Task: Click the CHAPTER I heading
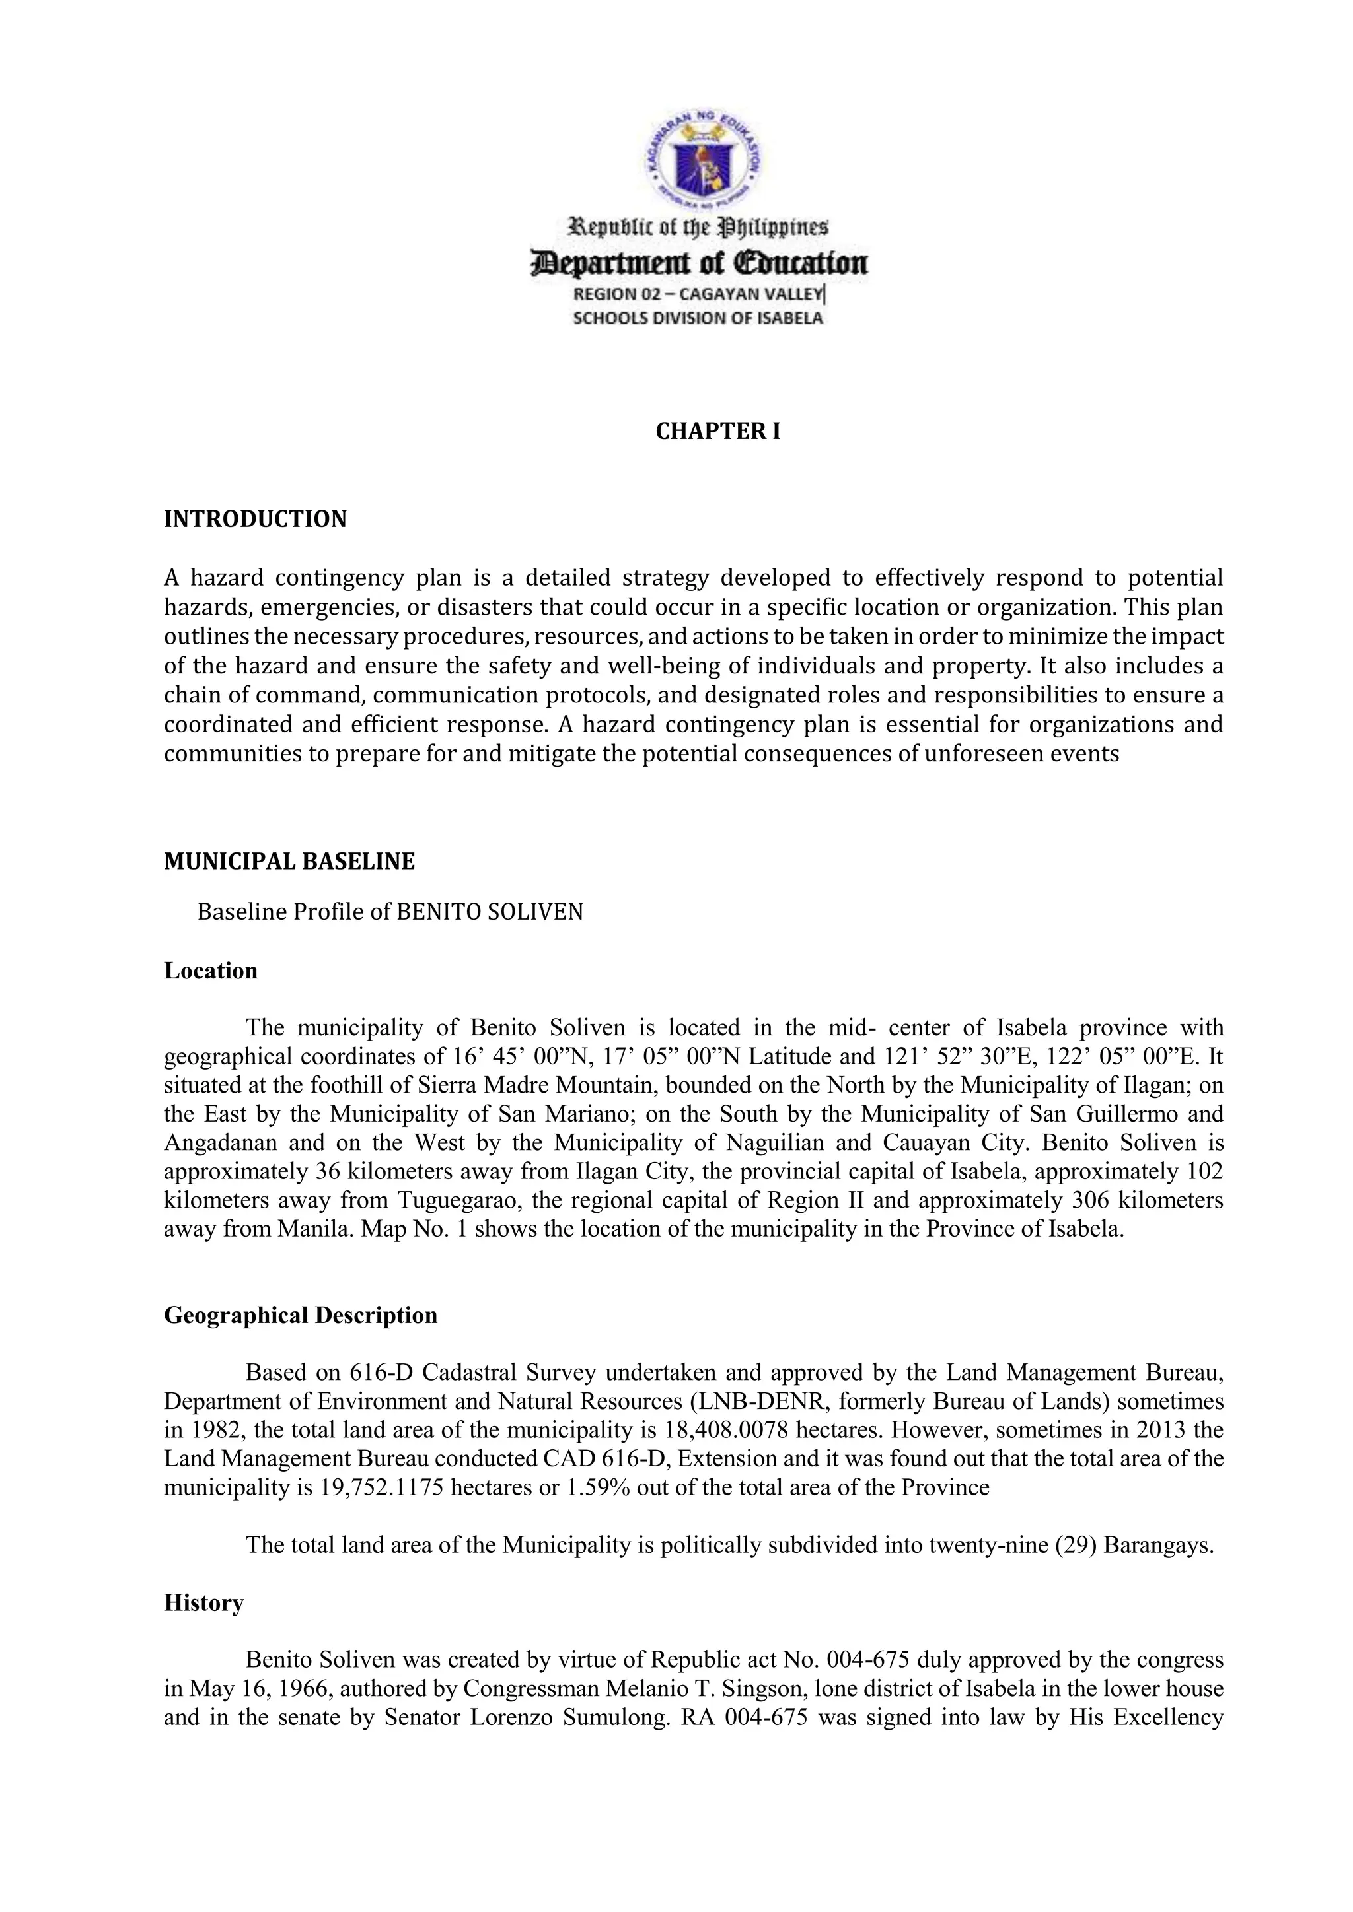(x=717, y=431)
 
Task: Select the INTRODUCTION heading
(x=255, y=519)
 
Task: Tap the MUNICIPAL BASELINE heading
(x=289, y=861)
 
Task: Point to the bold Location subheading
(x=211, y=971)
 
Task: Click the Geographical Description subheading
(x=301, y=1316)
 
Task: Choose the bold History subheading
(x=203, y=1603)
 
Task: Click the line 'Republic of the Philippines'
(x=698, y=226)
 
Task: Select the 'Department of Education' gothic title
(x=699, y=264)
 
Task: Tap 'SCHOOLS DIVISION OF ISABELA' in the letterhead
(x=698, y=318)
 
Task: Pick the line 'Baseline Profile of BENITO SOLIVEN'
(x=390, y=912)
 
